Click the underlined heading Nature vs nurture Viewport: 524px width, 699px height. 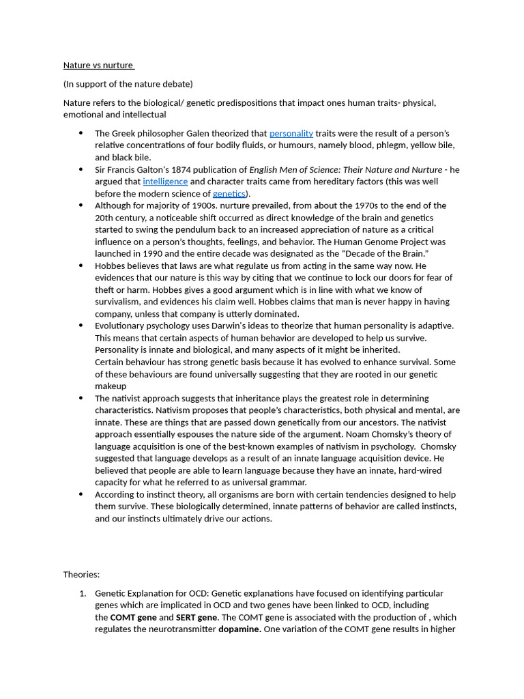click(98, 66)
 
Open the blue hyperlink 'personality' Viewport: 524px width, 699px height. click(291, 133)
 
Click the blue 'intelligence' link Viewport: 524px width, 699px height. click(165, 182)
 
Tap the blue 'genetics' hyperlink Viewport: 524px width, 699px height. click(229, 194)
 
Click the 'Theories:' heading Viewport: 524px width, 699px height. click(81, 575)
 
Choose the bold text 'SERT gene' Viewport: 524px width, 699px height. click(196, 617)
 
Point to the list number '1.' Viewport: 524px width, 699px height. click(83, 593)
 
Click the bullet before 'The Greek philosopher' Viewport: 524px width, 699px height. click(81, 133)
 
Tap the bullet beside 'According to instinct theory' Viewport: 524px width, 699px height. click(81, 494)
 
